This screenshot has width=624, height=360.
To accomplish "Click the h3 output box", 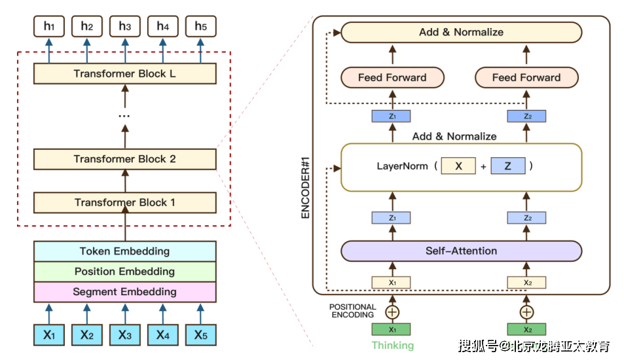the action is (125, 26).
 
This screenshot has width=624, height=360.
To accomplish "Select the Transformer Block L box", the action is (125, 73).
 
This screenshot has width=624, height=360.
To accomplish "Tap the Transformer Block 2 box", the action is (125, 159).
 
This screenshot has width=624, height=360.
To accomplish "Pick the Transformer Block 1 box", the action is (125, 202).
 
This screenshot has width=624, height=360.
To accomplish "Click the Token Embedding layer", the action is (125, 251).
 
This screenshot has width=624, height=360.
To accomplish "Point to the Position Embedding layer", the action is (125, 272).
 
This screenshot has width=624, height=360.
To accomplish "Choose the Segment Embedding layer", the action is (125, 292).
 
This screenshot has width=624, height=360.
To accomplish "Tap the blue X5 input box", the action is (201, 335).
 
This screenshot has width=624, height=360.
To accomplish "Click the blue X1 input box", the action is (49, 335).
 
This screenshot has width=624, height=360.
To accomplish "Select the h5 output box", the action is (201, 26).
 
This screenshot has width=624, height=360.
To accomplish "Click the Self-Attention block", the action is (461, 251).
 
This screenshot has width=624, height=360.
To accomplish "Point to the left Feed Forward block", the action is (392, 78).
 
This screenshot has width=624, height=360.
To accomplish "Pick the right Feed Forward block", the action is (526, 78).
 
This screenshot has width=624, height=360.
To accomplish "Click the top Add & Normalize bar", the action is (461, 32).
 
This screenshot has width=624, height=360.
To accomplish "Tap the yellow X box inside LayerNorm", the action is (458, 166).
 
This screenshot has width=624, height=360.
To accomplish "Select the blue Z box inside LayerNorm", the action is (508, 166).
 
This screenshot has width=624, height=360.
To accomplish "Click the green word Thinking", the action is (393, 346).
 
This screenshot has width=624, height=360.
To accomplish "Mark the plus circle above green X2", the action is (526, 312).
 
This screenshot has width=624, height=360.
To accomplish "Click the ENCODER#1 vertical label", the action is (305, 188).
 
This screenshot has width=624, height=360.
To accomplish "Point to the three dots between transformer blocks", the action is (124, 116).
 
